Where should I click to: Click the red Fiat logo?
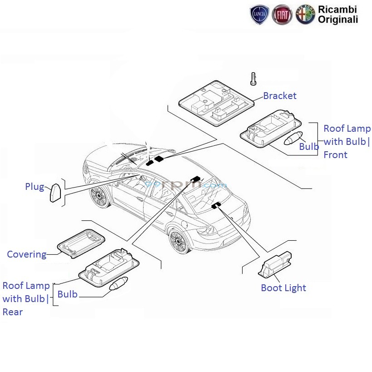(x=282, y=15)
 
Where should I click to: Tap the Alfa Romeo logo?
(x=305, y=15)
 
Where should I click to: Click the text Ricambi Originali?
(x=337, y=15)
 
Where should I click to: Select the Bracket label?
(x=279, y=96)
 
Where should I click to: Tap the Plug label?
(x=35, y=187)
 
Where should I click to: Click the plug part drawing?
(x=55, y=193)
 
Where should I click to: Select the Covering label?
(x=26, y=254)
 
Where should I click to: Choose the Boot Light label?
(x=283, y=288)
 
